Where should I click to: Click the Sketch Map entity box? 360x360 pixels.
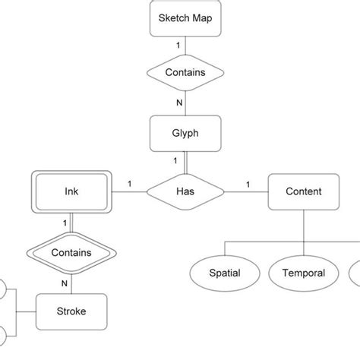[186, 19]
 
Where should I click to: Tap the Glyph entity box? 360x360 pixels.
[186, 133]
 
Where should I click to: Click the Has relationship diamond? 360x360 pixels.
[186, 191]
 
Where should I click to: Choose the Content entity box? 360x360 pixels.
[303, 191]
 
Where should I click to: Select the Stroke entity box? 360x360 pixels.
[71, 311]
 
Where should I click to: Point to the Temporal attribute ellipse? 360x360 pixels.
[303, 273]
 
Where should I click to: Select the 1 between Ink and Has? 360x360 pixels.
[130, 183]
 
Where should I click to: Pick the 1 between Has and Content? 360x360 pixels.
[248, 183]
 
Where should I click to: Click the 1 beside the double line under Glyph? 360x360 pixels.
[177, 160]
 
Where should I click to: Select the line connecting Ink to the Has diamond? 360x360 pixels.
[131, 192]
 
